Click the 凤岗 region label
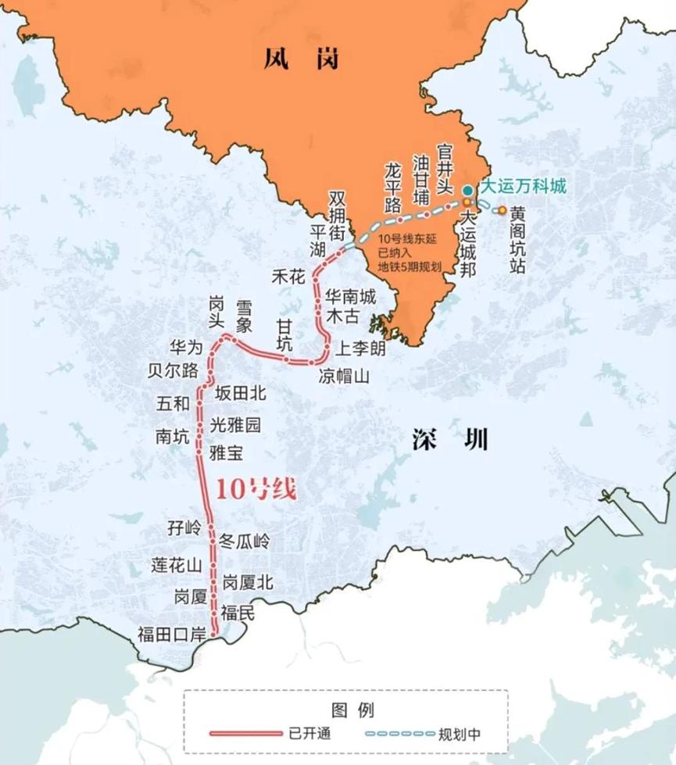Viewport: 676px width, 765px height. coord(302,58)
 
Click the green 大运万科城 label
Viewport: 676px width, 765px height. coord(521,188)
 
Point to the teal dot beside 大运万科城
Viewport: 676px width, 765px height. coord(467,190)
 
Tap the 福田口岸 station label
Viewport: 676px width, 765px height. coord(170,633)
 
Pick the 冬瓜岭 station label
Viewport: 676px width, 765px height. coord(244,541)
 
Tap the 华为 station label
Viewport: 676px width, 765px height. coord(185,348)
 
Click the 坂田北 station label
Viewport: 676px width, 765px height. coord(241,394)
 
